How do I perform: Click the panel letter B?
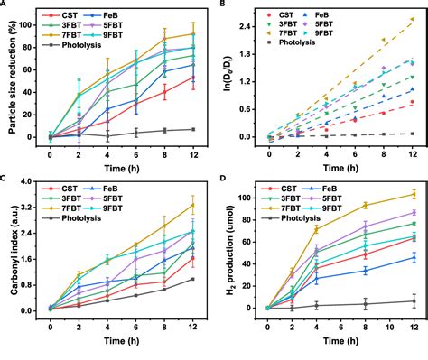[221, 5]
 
